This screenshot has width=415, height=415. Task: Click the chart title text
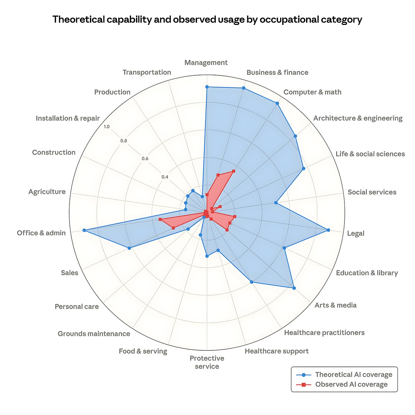coord(207,19)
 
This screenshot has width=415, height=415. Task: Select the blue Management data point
coord(207,87)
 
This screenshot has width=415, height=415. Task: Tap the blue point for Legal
coord(328,230)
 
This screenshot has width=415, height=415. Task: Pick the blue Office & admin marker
coord(84,230)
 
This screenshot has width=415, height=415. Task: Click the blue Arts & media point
coord(294,288)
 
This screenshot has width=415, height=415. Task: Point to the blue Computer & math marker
coord(277,103)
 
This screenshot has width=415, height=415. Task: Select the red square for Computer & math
coord(233,171)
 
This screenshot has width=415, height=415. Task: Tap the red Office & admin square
coord(160,220)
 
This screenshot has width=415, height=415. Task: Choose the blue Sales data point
coord(129,248)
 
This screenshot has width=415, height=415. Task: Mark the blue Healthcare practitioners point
coord(251,282)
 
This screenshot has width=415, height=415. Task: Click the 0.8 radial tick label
coord(123,141)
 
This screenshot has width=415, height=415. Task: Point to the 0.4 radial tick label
coord(165,177)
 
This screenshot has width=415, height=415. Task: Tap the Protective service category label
coord(207,362)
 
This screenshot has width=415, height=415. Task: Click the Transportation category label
coord(147,72)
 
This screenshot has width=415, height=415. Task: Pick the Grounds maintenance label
coord(94,334)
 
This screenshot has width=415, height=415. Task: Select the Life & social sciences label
coord(370,154)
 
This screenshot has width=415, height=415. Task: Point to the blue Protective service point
coord(207,256)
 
